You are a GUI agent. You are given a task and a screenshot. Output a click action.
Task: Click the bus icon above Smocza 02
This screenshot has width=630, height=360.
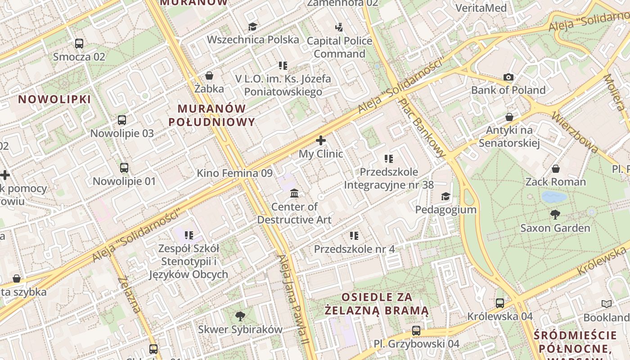pos(79,44)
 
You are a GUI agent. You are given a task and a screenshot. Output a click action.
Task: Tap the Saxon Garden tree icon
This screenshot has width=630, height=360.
pos(555,215)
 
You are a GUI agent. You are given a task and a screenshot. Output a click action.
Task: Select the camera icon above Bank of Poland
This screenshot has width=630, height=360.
pos(508,77)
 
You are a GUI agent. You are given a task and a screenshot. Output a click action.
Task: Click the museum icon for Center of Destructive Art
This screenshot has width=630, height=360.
pos(294,193)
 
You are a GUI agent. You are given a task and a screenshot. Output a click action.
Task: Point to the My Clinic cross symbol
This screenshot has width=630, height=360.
pos(321,140)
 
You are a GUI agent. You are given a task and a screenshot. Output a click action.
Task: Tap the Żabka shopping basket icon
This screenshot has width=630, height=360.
pos(209,76)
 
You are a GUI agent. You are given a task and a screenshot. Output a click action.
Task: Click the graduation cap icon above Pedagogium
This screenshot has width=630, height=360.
pos(445,197)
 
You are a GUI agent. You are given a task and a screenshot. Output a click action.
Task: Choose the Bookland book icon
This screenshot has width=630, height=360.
pos(607,304)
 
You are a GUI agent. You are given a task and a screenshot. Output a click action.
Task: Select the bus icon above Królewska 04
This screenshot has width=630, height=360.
pos(500,303)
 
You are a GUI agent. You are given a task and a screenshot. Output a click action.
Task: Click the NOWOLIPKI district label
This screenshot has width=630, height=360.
pos(54,99)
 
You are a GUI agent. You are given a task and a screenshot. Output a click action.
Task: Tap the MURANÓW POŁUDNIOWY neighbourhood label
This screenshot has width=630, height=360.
pos(211,115)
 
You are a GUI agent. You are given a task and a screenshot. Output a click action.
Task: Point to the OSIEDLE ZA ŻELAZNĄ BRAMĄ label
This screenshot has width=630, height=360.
pos(377,304)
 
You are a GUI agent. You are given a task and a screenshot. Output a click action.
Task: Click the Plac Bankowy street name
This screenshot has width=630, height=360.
pos(423,128)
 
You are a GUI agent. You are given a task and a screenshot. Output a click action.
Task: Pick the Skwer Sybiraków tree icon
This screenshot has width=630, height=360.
pos(240,316)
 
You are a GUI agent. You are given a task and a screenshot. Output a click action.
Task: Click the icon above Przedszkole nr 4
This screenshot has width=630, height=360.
pos(354,236)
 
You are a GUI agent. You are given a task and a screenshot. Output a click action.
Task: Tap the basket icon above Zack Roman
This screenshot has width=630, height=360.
pos(556,169)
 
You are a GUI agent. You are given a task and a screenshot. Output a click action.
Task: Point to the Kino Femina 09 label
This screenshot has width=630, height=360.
pos(234,173)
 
